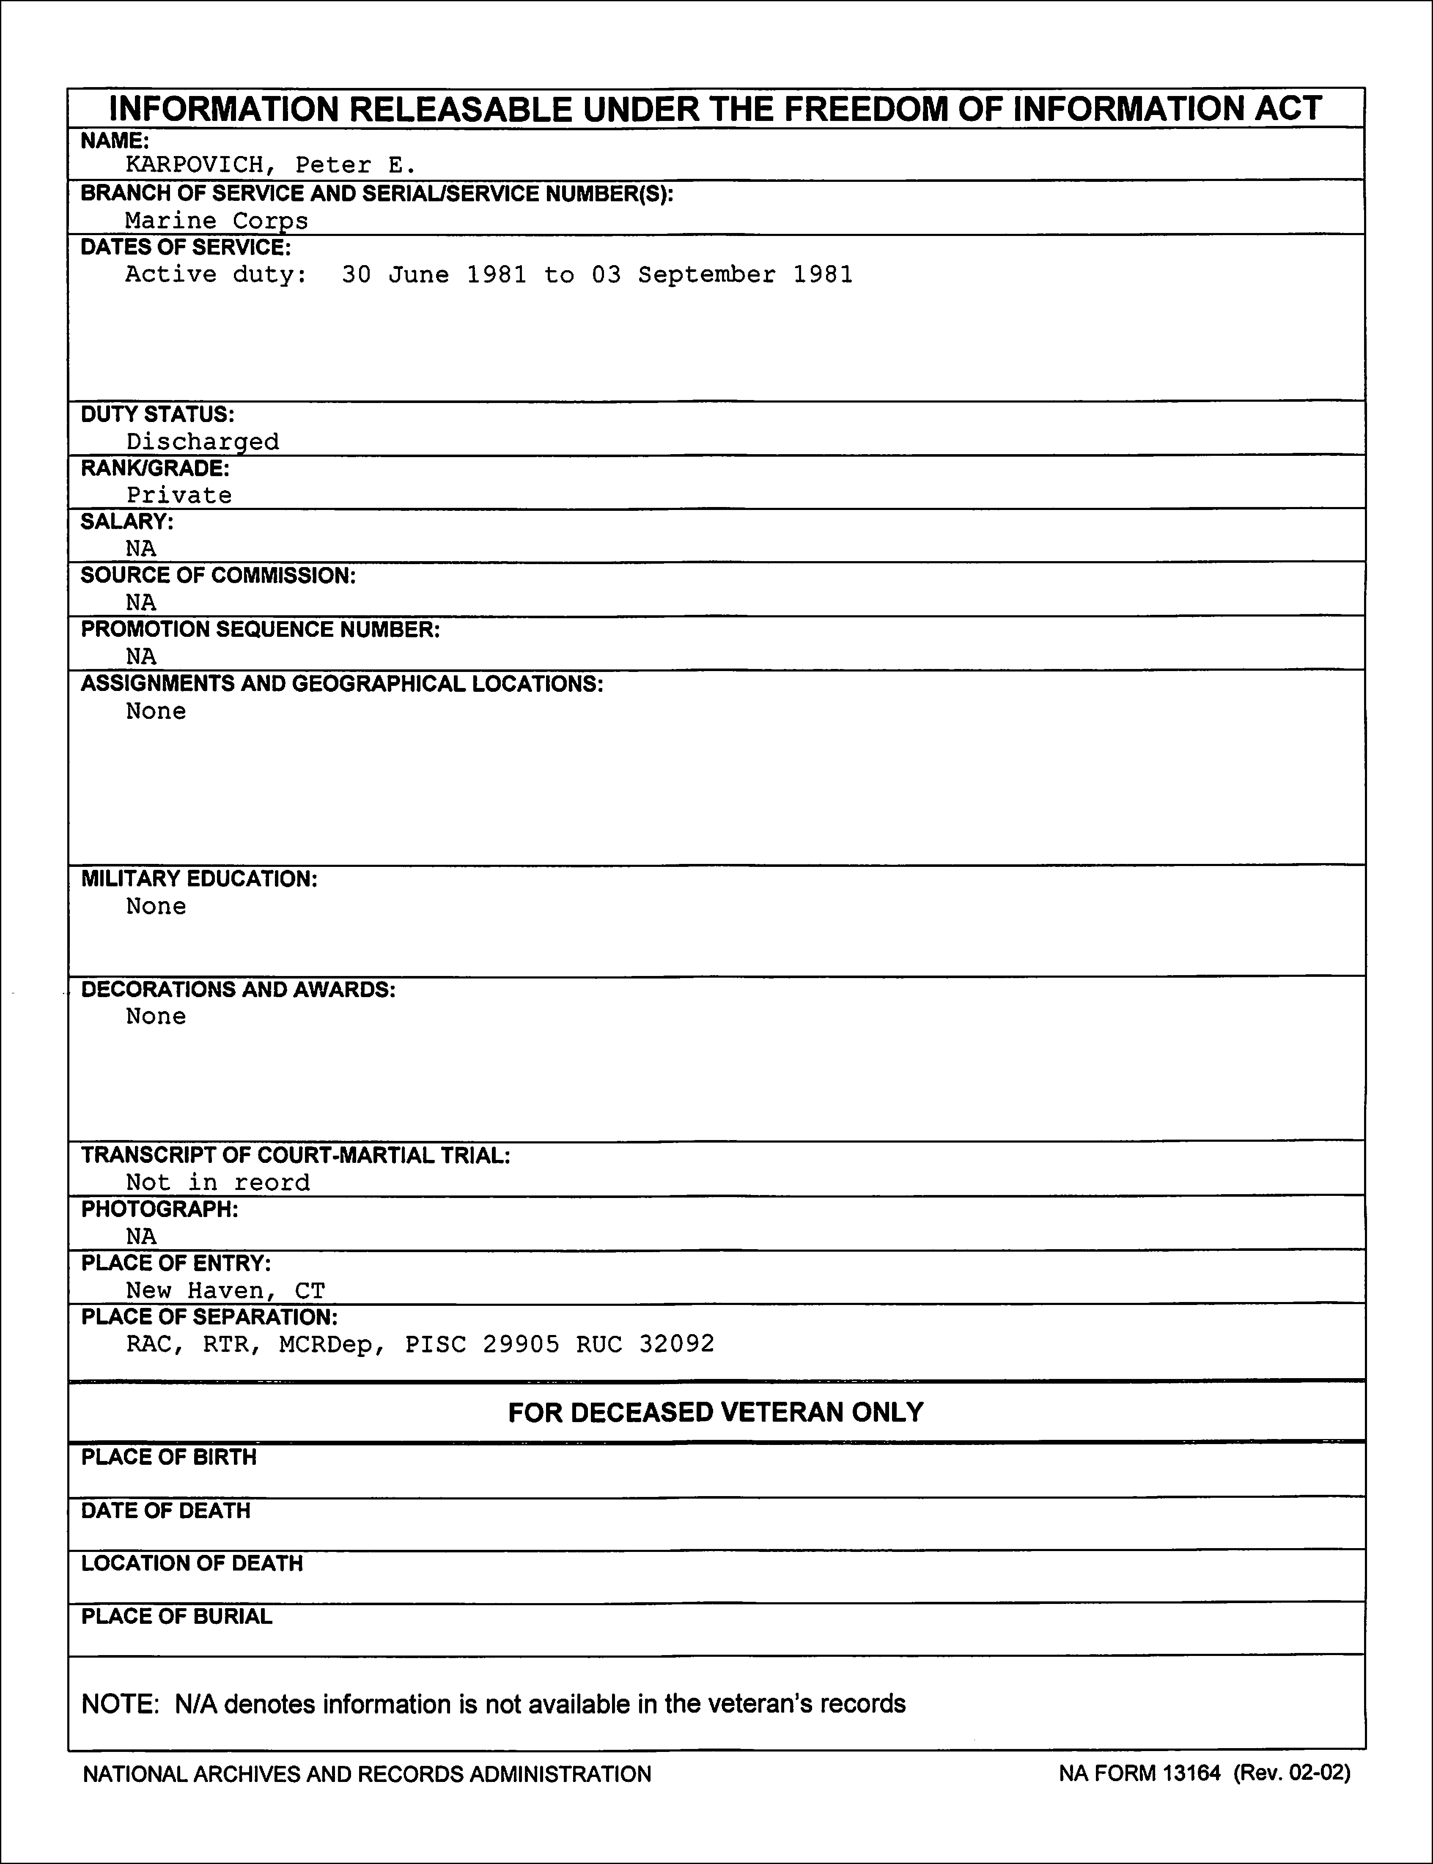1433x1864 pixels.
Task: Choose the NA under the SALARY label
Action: pyautogui.click(x=141, y=548)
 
